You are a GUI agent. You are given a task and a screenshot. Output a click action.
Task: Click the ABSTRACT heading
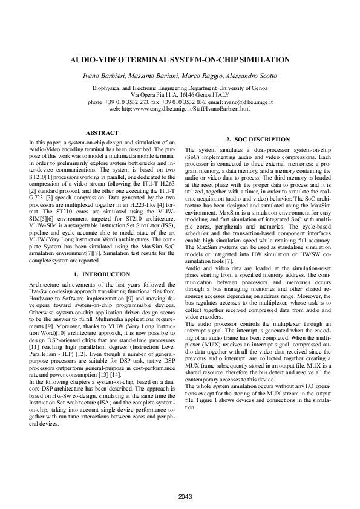(x=102, y=132)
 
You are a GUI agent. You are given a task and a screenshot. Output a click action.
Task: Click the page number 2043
(x=180, y=496)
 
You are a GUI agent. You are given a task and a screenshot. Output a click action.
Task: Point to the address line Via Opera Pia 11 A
(x=154, y=96)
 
